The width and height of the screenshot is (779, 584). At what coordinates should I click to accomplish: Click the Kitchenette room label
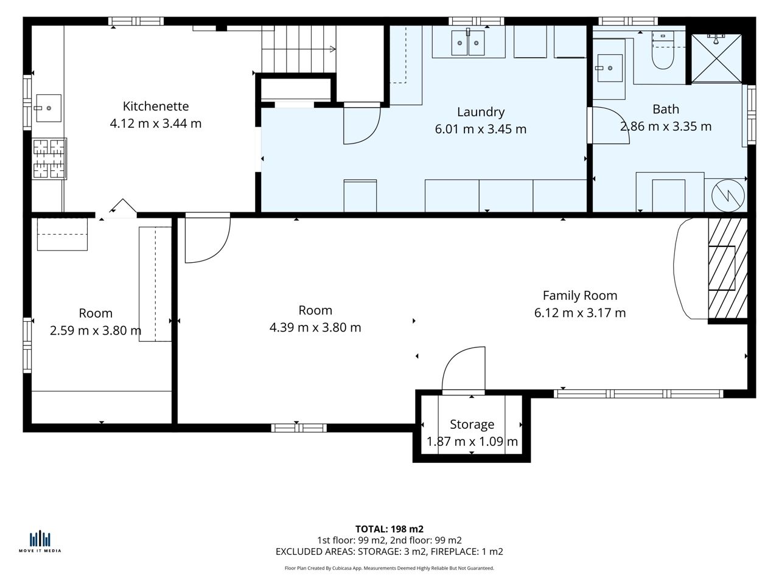(155, 106)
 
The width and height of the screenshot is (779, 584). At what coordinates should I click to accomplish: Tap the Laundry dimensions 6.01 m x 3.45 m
(481, 129)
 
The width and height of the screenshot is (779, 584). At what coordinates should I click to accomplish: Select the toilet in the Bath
(663, 50)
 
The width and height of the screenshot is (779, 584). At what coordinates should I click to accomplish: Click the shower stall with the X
(716, 58)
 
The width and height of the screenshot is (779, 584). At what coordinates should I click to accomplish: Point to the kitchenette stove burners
(49, 158)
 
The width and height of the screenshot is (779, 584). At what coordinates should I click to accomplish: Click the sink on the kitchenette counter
(48, 108)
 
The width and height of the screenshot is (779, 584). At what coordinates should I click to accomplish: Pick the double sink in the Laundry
(468, 43)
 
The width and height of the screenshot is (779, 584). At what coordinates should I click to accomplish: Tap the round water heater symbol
(728, 195)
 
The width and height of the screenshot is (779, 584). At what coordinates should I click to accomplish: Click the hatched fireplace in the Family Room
(728, 268)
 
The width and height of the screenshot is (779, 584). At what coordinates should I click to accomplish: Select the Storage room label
(472, 424)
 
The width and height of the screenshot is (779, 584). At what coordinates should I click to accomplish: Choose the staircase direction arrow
(332, 49)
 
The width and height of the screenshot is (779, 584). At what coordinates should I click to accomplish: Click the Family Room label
(580, 296)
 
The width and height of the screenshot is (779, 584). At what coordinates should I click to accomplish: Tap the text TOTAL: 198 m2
(389, 529)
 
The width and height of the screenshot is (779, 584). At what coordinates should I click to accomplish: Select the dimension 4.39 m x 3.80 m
(315, 327)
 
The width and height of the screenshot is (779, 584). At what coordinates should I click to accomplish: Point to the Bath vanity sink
(609, 68)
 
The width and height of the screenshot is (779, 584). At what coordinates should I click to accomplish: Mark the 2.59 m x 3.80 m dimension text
(96, 330)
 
